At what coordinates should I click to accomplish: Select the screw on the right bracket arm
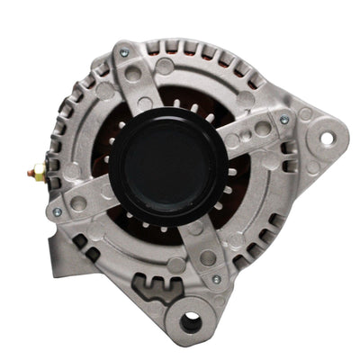coord(284,119)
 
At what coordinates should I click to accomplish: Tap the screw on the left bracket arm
coord(58,212)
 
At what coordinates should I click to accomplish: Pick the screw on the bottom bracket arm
coord(215,279)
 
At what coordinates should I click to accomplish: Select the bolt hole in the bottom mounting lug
coord(191,321)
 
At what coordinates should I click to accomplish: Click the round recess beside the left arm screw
coord(80,202)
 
